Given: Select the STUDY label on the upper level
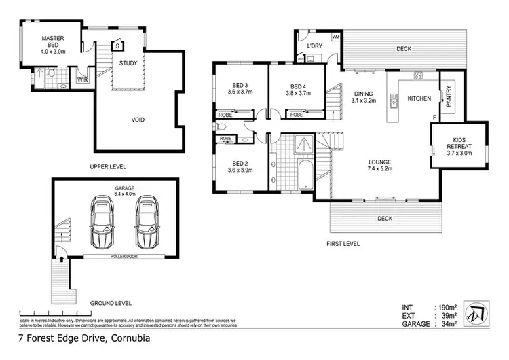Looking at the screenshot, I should [128, 63].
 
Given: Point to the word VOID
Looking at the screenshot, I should [138, 120].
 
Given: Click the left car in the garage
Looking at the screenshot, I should [105, 222].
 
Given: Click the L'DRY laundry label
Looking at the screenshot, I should [314, 46].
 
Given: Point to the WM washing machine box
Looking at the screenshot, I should [335, 37].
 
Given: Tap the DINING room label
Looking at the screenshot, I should [363, 94].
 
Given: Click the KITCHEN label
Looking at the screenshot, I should [419, 98].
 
